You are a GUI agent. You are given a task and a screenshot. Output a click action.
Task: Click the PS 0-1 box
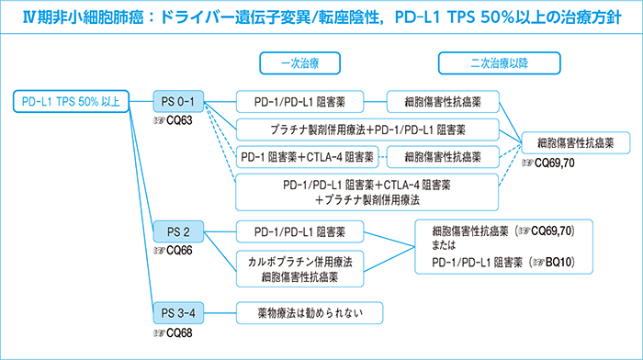click(x=178, y=101)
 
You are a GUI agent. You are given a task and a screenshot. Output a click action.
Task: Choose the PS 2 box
click(x=178, y=230)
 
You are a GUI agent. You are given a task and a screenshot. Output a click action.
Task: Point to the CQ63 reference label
click(x=173, y=120)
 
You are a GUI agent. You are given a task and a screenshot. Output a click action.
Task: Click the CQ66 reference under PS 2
click(x=173, y=250)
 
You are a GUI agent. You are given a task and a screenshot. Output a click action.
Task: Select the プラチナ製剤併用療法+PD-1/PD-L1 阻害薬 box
click(x=367, y=128)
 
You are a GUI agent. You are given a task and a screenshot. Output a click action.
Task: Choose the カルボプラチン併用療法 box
click(x=300, y=261)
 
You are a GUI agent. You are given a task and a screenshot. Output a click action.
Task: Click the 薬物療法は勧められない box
click(x=300, y=312)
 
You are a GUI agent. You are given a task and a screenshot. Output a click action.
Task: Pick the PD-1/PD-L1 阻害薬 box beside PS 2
click(x=300, y=230)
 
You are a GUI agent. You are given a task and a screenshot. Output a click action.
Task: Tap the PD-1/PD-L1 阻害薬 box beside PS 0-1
click(x=300, y=101)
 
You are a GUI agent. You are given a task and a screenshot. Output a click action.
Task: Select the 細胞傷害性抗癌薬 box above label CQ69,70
click(x=575, y=142)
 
